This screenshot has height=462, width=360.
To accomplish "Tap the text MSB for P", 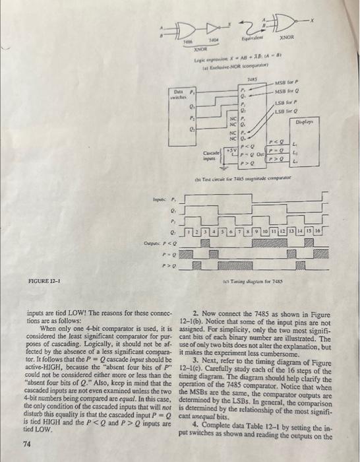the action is tap(286, 82).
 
